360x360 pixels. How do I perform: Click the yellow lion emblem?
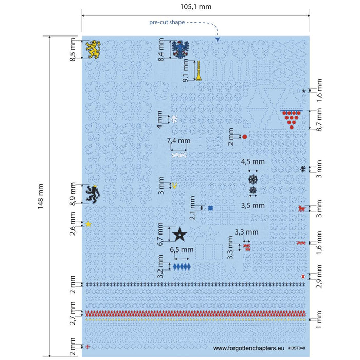pos(93,49)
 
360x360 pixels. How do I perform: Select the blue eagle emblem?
pos(180,49)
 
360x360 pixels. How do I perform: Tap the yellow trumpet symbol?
pos(199,70)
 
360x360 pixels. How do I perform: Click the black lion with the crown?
pos(93,194)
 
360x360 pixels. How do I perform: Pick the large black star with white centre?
pos(179,235)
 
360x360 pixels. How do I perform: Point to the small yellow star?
pos(88,224)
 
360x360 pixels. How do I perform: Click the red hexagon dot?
pos(245,137)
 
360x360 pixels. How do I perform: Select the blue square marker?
pos(210,208)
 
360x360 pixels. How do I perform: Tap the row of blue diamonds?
pos(182,267)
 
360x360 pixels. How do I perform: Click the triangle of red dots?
pos(292,119)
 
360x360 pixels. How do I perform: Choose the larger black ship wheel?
pos(253,179)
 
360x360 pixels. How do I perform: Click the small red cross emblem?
pos(88,347)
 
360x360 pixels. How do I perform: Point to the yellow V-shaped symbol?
pos(175,186)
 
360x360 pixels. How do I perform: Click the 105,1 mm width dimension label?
pos(195,7)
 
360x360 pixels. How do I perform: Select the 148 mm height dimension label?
pos(40,196)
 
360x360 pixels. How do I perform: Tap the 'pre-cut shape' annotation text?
pos(167,22)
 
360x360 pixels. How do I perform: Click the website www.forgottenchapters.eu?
pos(248,348)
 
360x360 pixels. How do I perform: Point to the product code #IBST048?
pos(296,348)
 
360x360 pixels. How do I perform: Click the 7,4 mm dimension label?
pos(178,141)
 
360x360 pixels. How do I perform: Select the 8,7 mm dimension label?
pos(319,119)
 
